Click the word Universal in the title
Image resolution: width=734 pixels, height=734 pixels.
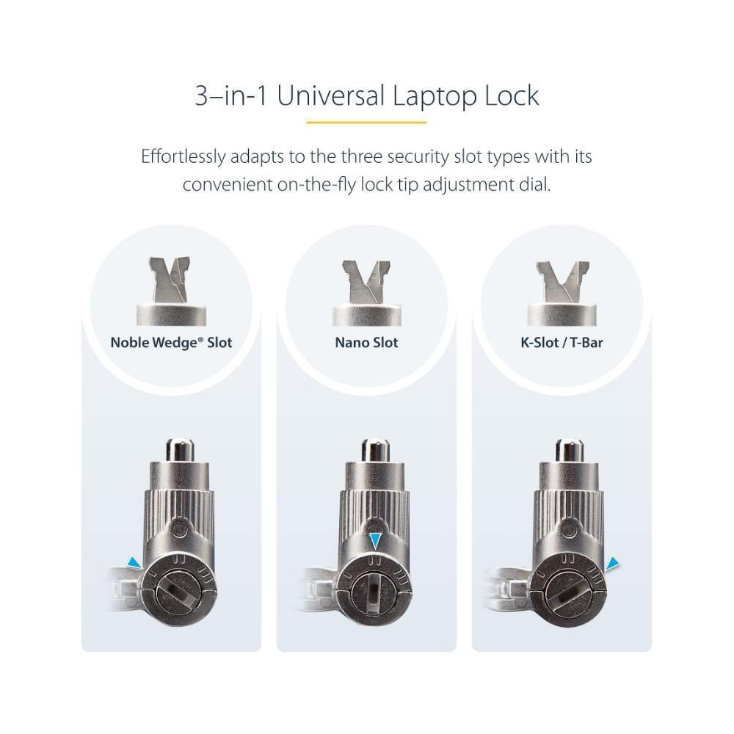(330, 95)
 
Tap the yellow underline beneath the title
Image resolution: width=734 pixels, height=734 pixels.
(366, 123)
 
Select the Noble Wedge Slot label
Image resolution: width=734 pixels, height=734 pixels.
(171, 343)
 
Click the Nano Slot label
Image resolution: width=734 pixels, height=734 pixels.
(366, 343)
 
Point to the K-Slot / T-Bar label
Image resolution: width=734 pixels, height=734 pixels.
(562, 343)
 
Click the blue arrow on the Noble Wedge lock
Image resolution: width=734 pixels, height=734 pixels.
(135, 563)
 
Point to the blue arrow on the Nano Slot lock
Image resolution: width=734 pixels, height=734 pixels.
(375, 541)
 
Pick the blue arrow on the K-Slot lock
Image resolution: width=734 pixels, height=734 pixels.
(613, 564)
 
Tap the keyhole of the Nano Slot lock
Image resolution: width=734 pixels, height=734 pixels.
(374, 592)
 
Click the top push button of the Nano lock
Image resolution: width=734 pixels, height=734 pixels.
(375, 450)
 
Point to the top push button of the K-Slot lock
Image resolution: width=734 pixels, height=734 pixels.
(569, 450)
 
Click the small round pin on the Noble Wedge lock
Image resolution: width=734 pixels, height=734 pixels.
(180, 529)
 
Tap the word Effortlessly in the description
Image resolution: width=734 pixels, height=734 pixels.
(183, 157)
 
